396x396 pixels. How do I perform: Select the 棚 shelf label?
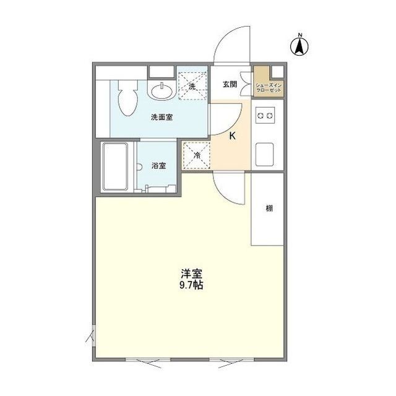(269, 209)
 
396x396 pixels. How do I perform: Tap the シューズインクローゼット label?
(269, 87)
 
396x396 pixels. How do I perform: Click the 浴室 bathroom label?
(159, 165)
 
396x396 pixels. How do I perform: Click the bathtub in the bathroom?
(115, 167)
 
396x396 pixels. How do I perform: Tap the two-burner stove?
(266, 116)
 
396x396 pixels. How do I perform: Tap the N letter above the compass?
(299, 33)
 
